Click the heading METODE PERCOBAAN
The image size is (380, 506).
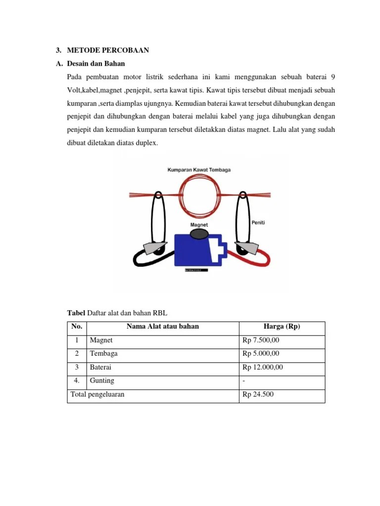tap(108, 50)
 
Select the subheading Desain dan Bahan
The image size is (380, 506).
tap(96, 64)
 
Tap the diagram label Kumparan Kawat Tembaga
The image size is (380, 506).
tap(198, 169)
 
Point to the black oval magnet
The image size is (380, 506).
tap(199, 234)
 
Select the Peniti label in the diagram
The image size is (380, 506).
tap(258, 223)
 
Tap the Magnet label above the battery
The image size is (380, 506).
tap(199, 224)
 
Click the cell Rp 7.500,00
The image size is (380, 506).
tap(261, 341)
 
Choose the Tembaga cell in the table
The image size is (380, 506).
tap(103, 354)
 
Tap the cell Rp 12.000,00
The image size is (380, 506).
tap(263, 368)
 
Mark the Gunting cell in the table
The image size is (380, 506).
tap(102, 381)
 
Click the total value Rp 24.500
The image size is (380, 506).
tap(258, 395)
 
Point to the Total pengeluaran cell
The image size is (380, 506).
tap(98, 395)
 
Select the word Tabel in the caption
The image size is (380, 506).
tap(76, 313)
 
